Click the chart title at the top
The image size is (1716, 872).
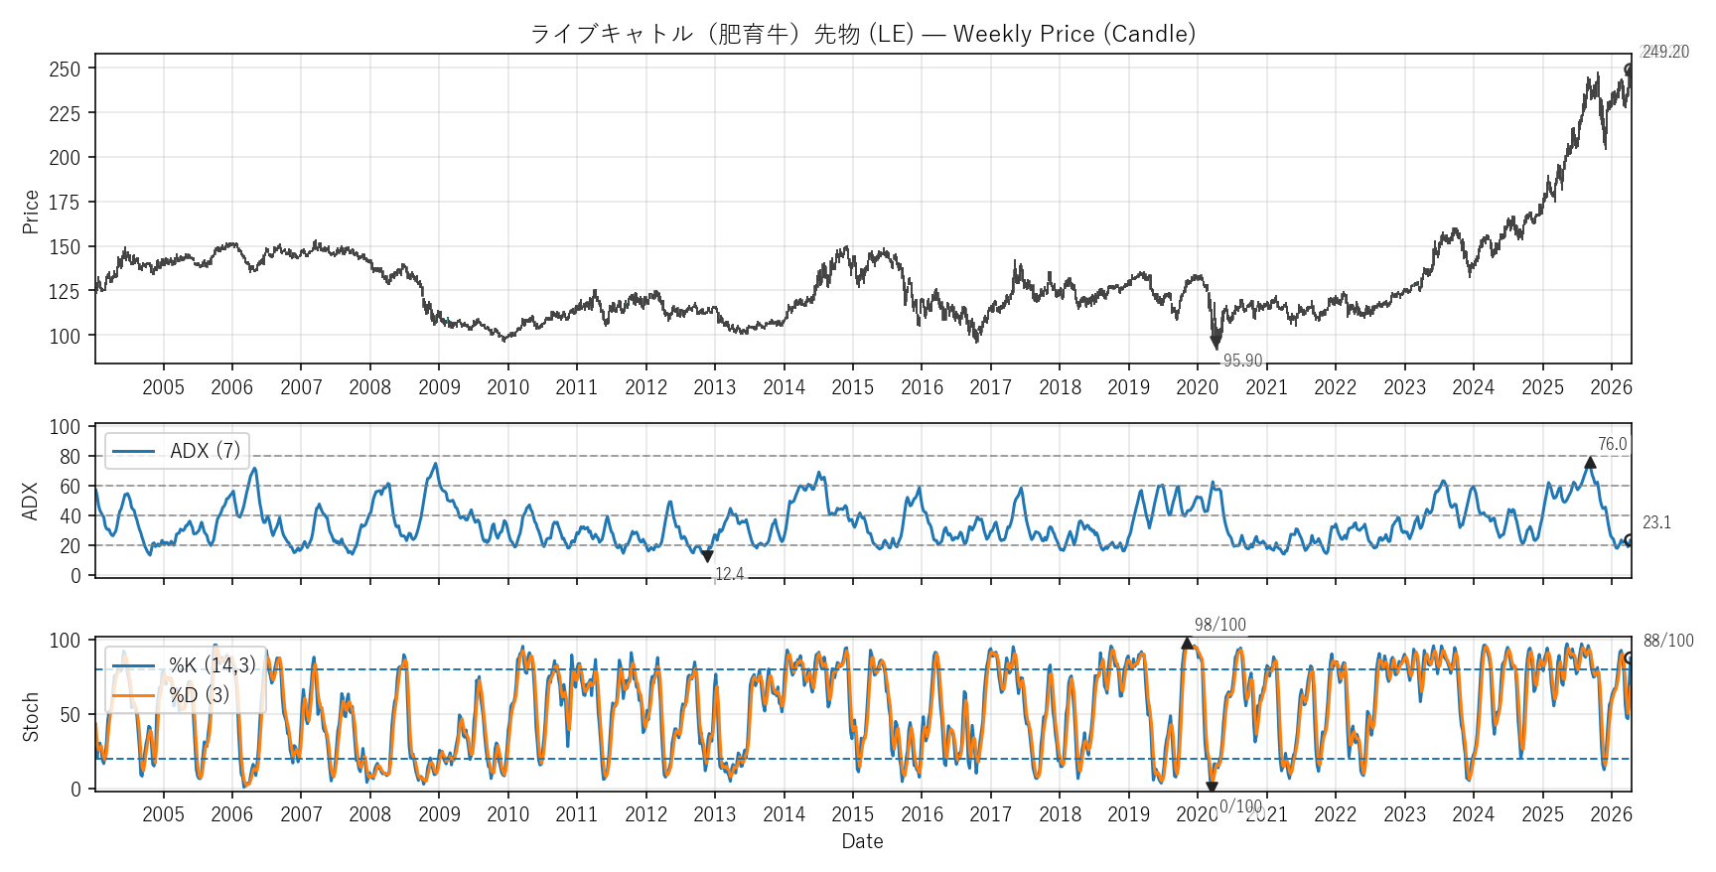point(862,34)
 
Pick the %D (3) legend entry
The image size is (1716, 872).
point(199,694)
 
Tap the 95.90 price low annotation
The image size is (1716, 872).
point(1242,361)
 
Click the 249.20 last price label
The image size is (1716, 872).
point(1664,52)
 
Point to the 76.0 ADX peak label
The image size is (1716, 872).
point(1612,444)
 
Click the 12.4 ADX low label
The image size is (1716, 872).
point(729,574)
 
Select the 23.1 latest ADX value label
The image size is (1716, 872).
point(1656,522)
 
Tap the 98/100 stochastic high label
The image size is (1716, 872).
point(1219,625)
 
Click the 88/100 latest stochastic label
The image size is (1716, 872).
point(1668,641)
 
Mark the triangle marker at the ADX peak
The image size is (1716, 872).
point(1590,462)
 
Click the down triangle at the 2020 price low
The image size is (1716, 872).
point(1215,343)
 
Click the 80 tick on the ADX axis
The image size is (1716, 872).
point(70,457)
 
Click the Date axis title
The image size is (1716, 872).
point(862,841)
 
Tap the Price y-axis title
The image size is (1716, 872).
point(31,212)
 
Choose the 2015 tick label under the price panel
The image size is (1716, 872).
point(852,387)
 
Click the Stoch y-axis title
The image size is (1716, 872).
point(31,716)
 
